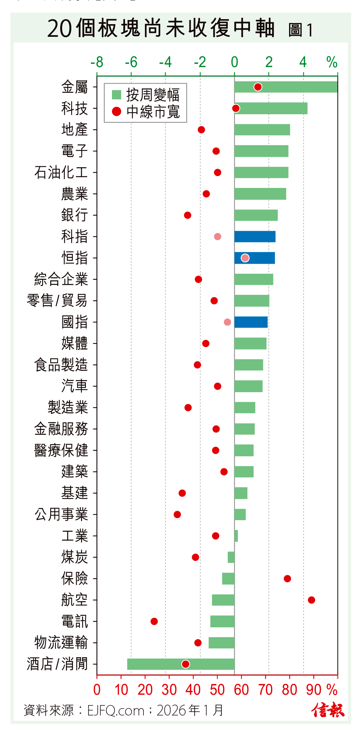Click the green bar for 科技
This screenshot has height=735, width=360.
pyautogui.click(x=271, y=109)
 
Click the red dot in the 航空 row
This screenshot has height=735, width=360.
pyautogui.click(x=311, y=600)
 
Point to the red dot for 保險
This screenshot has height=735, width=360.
pyautogui.click(x=287, y=579)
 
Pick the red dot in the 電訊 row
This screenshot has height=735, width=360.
pyautogui.click(x=154, y=621)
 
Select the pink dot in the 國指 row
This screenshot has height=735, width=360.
pyautogui.click(x=227, y=322)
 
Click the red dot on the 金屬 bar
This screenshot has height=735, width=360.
pyautogui.click(x=258, y=87)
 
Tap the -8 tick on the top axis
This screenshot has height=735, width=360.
pyautogui.click(x=97, y=62)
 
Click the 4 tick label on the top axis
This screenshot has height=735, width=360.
pyautogui.click(x=303, y=62)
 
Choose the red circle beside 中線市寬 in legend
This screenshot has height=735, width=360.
pyautogui.click(x=117, y=112)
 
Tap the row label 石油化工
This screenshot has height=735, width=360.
pyautogui.click(x=61, y=173)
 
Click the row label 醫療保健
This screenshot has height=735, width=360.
pyautogui.click(x=61, y=451)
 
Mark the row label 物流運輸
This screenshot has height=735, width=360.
pyautogui.click(x=61, y=643)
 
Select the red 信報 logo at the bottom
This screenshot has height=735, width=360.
pyautogui.click(x=328, y=710)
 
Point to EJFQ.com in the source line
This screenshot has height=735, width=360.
pyautogui.click(x=115, y=710)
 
